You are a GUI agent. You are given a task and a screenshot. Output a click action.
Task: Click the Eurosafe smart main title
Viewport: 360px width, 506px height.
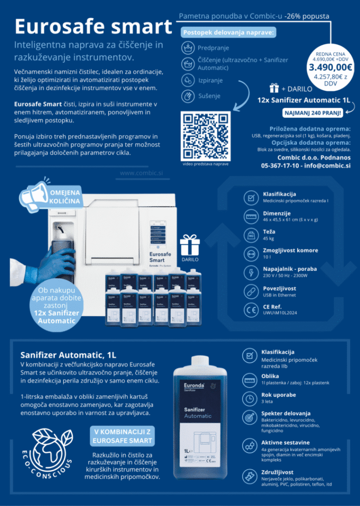coord(93,26)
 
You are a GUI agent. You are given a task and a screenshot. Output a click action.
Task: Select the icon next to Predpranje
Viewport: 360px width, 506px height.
coord(188,48)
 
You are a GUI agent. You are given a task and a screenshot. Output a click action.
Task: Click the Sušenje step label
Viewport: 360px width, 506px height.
coord(210,96)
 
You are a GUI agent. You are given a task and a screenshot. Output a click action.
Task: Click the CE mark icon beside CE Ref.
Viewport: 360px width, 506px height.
coord(251,309)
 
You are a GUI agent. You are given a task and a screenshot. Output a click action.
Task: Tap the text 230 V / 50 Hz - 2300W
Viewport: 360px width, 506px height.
coord(287,276)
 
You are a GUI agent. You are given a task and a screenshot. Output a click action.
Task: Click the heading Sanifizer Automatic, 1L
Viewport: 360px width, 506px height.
coord(68,354)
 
